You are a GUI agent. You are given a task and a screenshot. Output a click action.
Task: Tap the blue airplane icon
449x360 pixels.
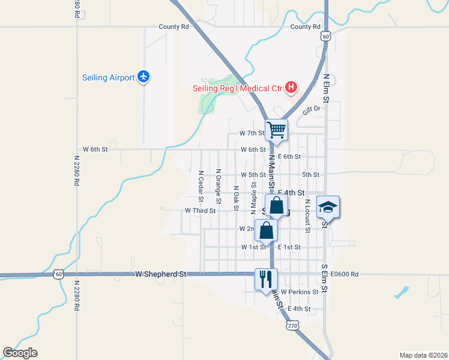tap(143, 76)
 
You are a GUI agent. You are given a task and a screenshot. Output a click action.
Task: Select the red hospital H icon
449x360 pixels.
tap(291, 88)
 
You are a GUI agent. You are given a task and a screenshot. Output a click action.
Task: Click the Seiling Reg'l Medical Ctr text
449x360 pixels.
tap(237, 89)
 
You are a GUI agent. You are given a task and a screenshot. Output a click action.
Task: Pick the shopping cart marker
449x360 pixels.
tap(276, 129)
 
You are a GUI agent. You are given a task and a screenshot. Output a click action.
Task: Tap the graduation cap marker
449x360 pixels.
tap(328, 206)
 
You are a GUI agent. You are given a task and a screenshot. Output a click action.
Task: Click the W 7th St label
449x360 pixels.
tap(252, 133)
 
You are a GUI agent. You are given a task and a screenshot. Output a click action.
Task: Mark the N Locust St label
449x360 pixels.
tap(307, 215)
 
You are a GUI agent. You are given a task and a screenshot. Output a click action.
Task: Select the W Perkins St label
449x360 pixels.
tap(299, 292)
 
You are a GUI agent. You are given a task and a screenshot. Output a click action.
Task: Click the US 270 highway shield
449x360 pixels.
tap(292, 325)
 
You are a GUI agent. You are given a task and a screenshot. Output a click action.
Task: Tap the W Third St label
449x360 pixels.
tap(200, 211)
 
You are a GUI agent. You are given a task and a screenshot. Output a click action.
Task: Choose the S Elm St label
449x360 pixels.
tap(325, 278)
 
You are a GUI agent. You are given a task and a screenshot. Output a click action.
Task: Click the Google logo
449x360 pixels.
tap(20, 353)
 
